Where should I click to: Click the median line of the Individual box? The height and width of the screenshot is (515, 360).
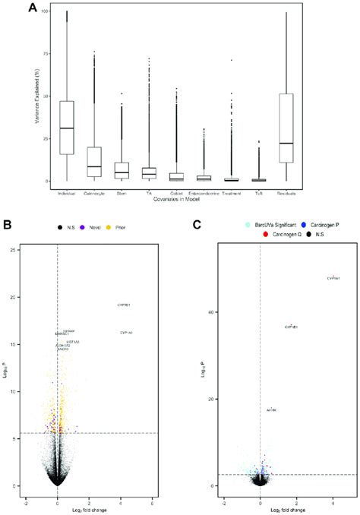coord(67,128)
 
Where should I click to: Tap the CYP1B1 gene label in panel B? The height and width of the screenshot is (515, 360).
coord(124,305)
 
